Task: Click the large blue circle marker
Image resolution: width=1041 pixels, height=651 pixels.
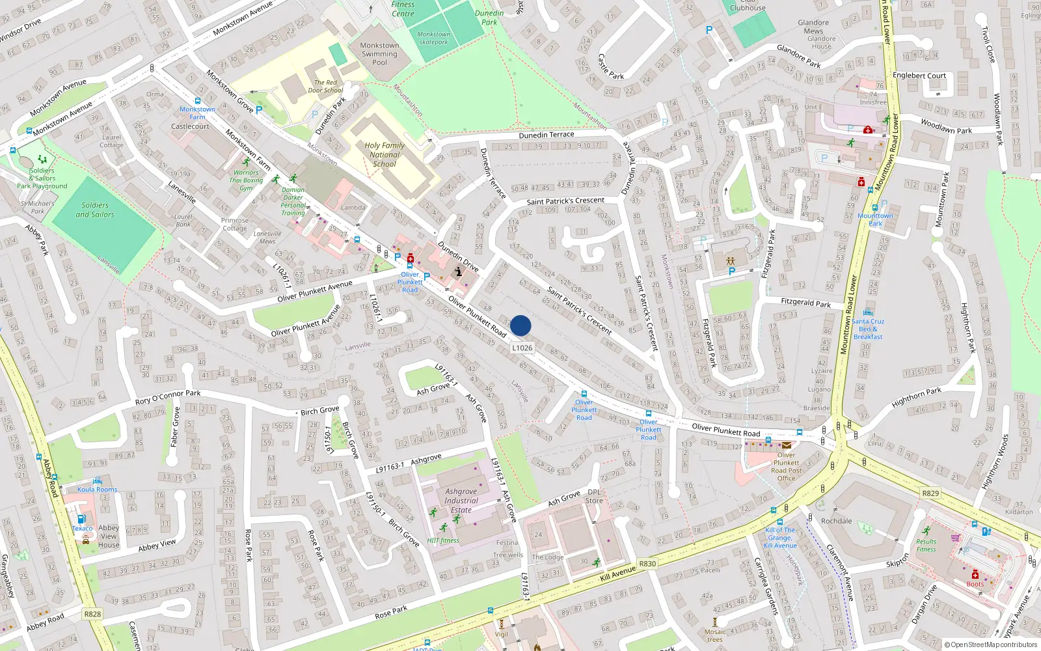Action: pos(520,325)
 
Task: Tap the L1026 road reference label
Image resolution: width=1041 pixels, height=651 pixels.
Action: pos(522,348)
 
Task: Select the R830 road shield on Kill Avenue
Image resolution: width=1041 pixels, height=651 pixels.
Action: pos(647,564)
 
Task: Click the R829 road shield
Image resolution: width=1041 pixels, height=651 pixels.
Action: pos(930,493)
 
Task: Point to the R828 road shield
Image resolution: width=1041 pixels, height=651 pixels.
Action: pos(92,614)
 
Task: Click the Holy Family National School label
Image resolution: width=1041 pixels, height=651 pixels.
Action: pos(385,155)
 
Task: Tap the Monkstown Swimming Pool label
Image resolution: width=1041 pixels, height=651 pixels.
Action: pos(379,54)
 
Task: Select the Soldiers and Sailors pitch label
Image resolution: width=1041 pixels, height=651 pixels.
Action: pos(95,210)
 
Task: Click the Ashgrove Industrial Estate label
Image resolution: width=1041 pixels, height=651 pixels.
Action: pos(461,501)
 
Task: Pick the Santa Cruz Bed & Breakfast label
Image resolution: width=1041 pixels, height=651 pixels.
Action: pos(868,329)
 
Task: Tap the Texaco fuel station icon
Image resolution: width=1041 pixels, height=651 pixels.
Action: pos(81,519)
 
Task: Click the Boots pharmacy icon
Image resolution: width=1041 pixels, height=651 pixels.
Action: pos(975,575)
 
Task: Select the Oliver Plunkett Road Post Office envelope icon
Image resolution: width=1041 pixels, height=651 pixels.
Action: pos(787,445)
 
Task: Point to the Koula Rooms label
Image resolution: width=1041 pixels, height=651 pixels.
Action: pos(98,490)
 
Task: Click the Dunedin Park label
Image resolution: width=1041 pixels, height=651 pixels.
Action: pos(489,18)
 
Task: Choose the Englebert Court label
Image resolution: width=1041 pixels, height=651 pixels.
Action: pos(919,76)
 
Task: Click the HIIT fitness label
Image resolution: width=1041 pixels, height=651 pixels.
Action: pos(443,540)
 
